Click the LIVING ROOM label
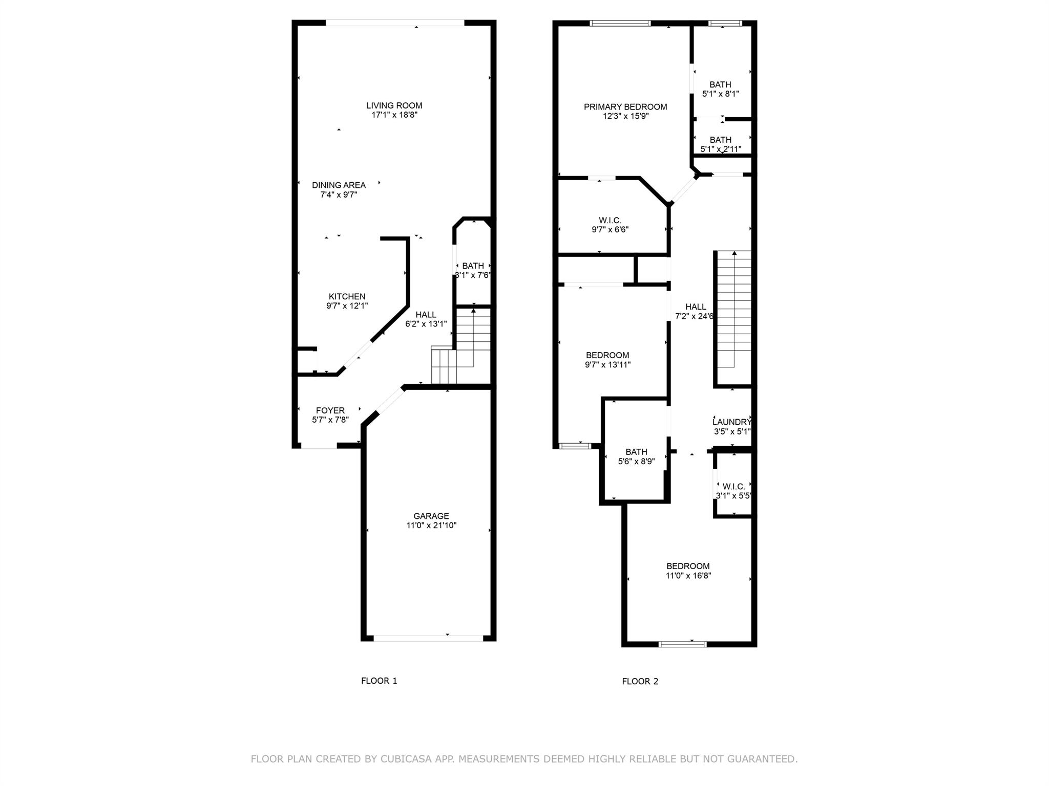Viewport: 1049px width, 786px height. coord(394,106)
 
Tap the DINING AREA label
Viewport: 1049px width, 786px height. coord(339,185)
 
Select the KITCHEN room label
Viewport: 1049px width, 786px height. coord(347,297)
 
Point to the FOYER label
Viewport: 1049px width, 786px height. coord(330,410)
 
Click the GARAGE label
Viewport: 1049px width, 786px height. coord(431,516)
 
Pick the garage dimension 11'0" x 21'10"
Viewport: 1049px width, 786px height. coord(431,526)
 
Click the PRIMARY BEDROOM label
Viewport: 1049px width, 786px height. coord(625,107)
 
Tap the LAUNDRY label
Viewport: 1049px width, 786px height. coord(731,422)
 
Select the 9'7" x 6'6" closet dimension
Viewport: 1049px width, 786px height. coord(610,230)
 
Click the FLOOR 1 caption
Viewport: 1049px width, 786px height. coord(379,681)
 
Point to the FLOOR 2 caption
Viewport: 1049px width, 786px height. coord(640,681)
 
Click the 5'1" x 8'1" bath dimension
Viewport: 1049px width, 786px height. coord(720,94)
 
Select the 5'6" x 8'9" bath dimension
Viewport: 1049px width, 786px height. coord(636,462)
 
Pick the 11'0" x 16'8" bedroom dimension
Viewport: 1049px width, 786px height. coord(688,576)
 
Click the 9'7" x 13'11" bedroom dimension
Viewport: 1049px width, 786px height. coord(607,365)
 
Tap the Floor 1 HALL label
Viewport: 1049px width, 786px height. coord(426,315)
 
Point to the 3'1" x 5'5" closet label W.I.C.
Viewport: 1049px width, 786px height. coord(733,486)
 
